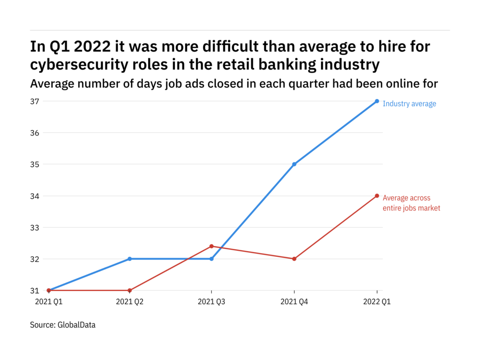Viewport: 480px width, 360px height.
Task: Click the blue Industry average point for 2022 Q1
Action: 377,101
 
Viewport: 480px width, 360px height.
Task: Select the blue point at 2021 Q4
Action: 294,164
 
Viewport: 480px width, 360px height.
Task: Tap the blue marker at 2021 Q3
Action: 211,259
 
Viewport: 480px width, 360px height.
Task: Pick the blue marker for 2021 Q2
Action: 129,259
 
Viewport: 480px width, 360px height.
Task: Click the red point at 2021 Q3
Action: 211,246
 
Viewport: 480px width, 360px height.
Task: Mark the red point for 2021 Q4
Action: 294,259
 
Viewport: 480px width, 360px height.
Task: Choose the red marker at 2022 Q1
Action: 377,196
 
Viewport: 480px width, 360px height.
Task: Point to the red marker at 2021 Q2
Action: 129,291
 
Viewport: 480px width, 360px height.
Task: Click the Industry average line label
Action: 409,104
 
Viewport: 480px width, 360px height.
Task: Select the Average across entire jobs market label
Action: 411,203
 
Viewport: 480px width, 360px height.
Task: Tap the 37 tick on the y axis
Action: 36,101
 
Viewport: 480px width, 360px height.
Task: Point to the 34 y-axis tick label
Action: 36,196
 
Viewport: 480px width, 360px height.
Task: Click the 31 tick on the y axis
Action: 36,291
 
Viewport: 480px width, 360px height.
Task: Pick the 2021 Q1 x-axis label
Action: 48,302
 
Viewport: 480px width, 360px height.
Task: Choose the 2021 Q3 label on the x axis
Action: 211,302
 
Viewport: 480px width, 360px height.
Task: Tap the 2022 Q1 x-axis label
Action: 376,302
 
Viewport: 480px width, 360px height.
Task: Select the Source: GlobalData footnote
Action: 63,324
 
